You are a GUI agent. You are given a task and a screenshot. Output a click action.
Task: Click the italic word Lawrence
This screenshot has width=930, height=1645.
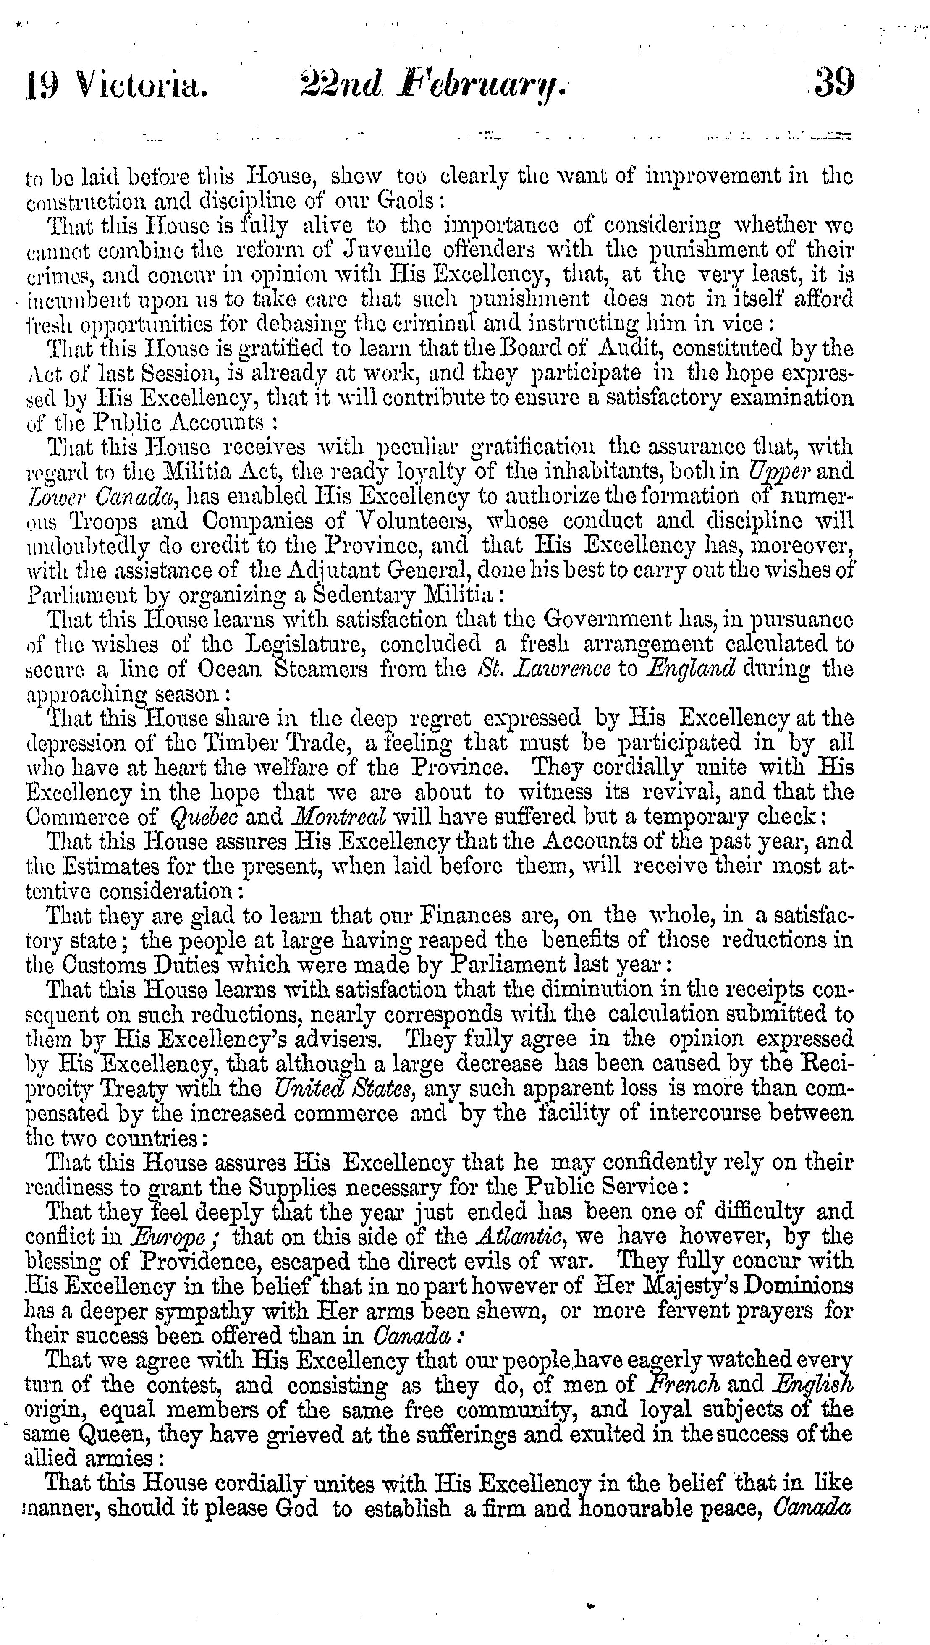551,669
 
